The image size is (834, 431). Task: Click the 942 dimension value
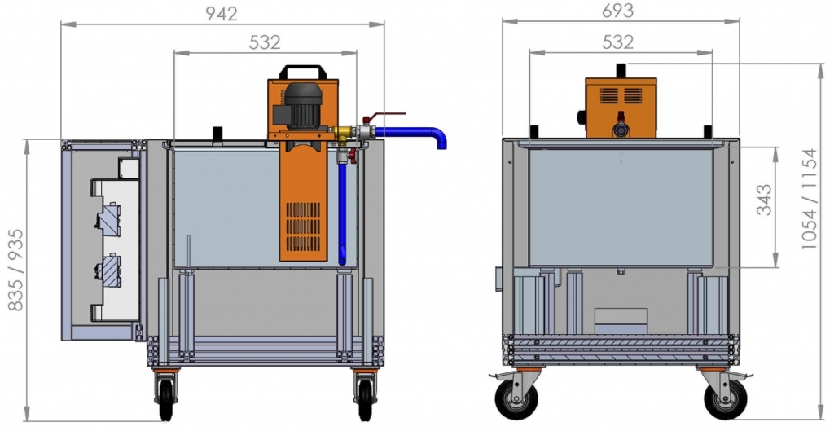222,14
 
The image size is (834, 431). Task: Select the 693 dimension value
618,11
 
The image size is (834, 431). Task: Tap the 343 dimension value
764,200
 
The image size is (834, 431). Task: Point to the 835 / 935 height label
16,270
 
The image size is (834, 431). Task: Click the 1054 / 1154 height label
809,199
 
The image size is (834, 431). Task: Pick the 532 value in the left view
265,42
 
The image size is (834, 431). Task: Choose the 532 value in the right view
618,42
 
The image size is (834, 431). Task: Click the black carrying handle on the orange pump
303,72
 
